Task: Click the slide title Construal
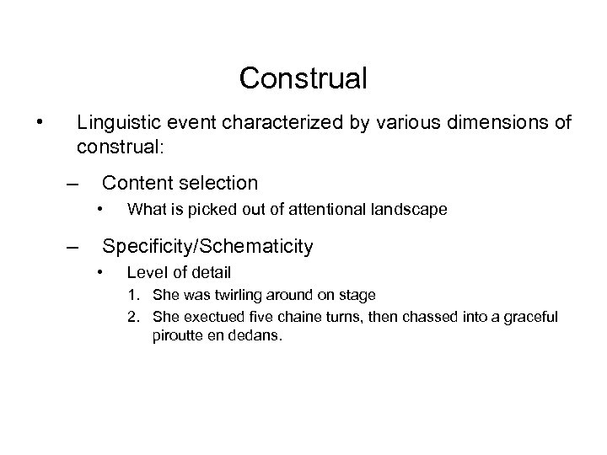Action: [303, 78]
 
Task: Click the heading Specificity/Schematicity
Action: [207, 247]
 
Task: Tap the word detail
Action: [211, 273]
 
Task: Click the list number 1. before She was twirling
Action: [134, 295]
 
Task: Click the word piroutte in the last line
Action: [180, 336]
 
